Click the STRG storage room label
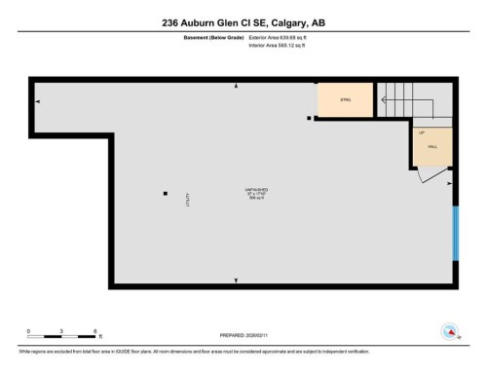click(345, 100)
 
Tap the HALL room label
click(432, 145)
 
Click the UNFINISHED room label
click(256, 188)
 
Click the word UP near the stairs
click(422, 132)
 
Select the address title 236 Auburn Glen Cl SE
click(243, 22)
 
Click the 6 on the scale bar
click(94, 331)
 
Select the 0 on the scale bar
click(28, 331)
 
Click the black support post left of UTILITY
click(165, 193)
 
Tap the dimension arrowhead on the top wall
click(237, 87)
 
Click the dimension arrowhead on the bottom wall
click(237, 280)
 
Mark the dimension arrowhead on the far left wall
click(37, 100)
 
